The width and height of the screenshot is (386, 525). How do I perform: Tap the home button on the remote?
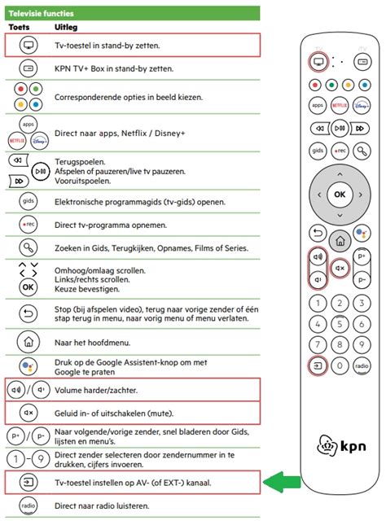(x=340, y=238)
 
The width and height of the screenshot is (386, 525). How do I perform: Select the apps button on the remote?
(x=318, y=106)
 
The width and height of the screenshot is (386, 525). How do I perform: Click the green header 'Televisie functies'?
(x=42, y=13)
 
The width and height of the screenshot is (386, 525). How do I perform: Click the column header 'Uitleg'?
(x=67, y=27)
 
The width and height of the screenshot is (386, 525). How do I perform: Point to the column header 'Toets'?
(x=18, y=27)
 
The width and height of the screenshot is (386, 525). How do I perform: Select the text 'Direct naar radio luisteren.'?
(x=101, y=505)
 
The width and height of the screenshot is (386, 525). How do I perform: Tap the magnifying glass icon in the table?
(x=28, y=247)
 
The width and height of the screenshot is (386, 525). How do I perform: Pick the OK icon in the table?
(x=28, y=287)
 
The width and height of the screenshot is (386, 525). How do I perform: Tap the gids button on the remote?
(x=318, y=151)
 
